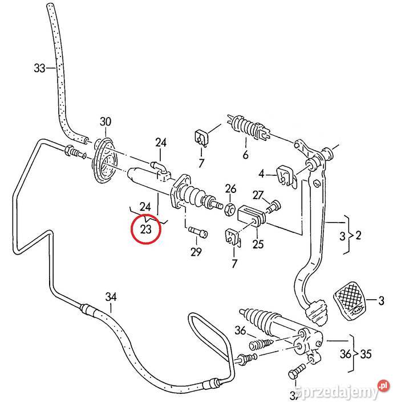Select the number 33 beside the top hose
[x=39, y=68]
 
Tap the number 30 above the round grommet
[x=106, y=121]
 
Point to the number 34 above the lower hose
[x=111, y=296]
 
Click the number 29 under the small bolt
[x=196, y=251]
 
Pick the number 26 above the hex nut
[x=230, y=189]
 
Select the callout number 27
[x=258, y=195]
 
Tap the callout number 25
[x=258, y=244]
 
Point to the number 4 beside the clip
[x=262, y=174]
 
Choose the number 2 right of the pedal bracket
[x=359, y=235]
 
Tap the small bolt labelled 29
[x=197, y=232]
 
